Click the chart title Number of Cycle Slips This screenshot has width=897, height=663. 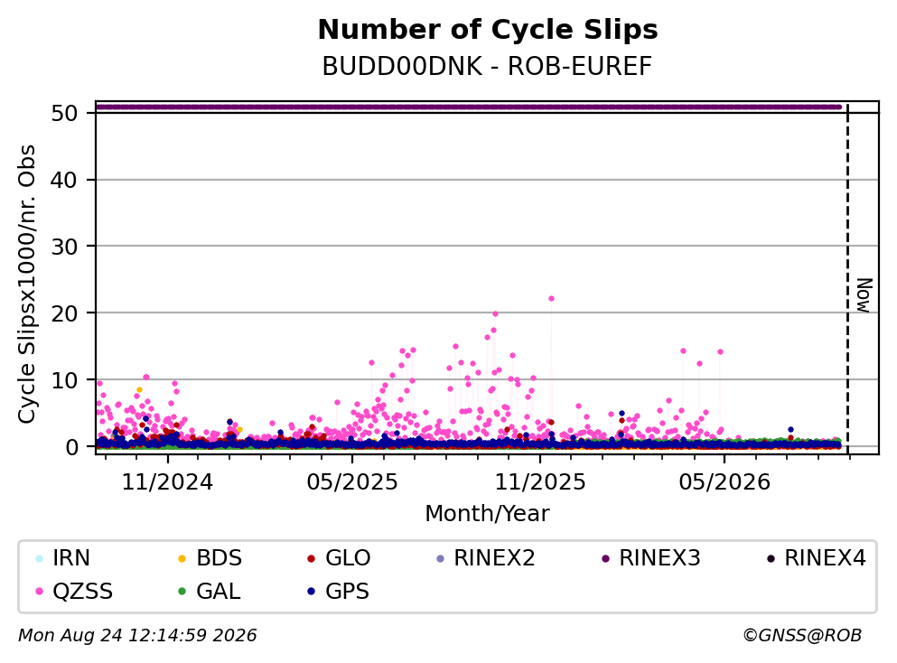click(488, 30)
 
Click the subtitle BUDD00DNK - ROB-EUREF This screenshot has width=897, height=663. click(487, 66)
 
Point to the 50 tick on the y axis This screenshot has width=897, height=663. click(64, 113)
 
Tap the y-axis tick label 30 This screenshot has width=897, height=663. click(64, 247)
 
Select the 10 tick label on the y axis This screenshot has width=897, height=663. click(64, 380)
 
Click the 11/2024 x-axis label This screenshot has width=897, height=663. click(168, 482)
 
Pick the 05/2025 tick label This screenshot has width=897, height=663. click(351, 482)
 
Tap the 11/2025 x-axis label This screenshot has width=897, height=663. click(540, 482)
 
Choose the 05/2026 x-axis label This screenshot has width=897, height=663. click(724, 482)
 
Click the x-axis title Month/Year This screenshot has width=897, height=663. click(487, 514)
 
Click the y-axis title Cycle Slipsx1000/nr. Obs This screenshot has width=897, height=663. click(27, 284)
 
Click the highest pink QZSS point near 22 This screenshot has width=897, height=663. click(551, 299)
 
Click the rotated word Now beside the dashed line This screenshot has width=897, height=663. click(864, 295)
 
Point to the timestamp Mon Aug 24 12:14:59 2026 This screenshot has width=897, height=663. click(138, 636)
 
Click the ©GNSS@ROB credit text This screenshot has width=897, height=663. click(802, 636)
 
